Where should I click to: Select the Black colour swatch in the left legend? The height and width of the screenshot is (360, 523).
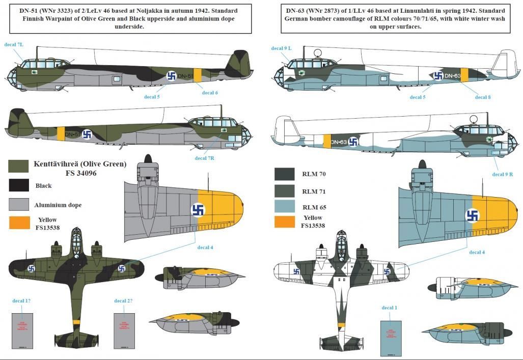point(18,186)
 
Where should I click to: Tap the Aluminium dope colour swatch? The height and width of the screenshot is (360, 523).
point(18,204)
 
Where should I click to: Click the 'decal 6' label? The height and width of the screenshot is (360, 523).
point(210,93)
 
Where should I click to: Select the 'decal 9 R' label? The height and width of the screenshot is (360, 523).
point(502,174)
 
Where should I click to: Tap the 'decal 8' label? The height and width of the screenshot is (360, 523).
point(483,97)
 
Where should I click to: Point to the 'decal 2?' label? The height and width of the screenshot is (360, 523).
point(123,300)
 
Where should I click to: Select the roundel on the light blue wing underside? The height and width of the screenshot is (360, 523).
point(473,215)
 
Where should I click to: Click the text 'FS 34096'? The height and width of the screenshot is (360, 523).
point(80,173)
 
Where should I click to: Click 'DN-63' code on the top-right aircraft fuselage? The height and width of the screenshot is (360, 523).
point(452,76)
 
